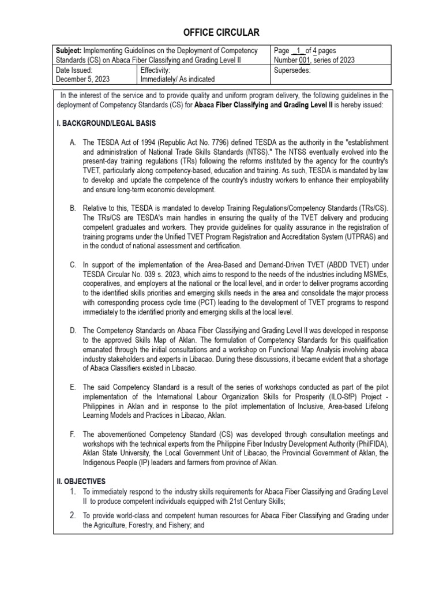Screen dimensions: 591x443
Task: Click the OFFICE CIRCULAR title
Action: point(221,32)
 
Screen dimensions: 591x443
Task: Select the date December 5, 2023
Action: point(83,78)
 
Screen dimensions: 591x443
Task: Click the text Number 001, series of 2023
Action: point(315,60)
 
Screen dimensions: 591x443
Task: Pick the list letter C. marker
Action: point(73,265)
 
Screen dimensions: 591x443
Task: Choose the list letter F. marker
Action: point(73,434)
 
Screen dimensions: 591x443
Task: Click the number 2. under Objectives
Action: point(73,515)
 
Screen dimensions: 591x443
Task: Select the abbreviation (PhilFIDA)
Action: point(366,444)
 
